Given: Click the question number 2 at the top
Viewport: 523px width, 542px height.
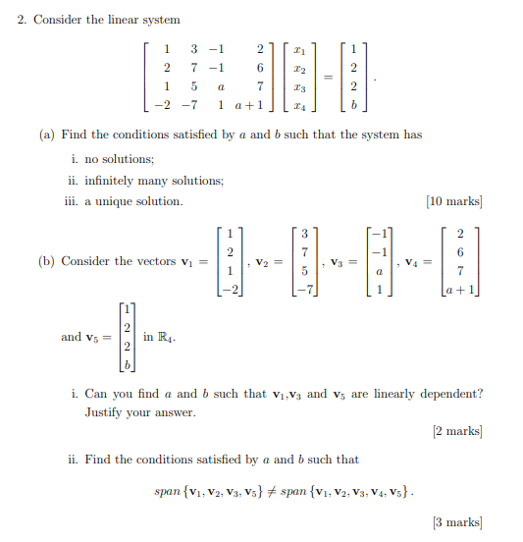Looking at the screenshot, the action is point(22,20).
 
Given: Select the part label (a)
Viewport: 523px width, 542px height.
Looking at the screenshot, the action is point(47,135).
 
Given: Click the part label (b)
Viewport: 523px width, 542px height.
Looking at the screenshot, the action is point(47,261).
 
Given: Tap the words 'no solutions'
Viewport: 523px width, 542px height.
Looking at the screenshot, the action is point(120,159).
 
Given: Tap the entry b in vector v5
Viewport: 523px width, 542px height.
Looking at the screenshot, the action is point(127,366).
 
